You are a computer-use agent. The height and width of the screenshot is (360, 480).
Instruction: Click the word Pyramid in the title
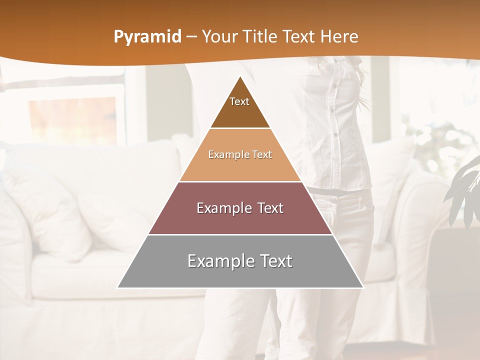click(147, 37)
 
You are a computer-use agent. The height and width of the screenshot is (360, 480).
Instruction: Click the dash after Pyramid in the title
click(191, 37)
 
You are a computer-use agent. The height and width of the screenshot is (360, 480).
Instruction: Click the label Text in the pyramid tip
click(239, 101)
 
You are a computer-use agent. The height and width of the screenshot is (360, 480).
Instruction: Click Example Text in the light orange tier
click(240, 155)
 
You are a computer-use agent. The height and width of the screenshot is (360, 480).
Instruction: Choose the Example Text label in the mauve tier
click(240, 208)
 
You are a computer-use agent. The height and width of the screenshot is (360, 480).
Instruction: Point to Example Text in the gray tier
click(240, 261)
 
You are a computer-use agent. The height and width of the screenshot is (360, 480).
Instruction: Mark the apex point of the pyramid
click(240, 76)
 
